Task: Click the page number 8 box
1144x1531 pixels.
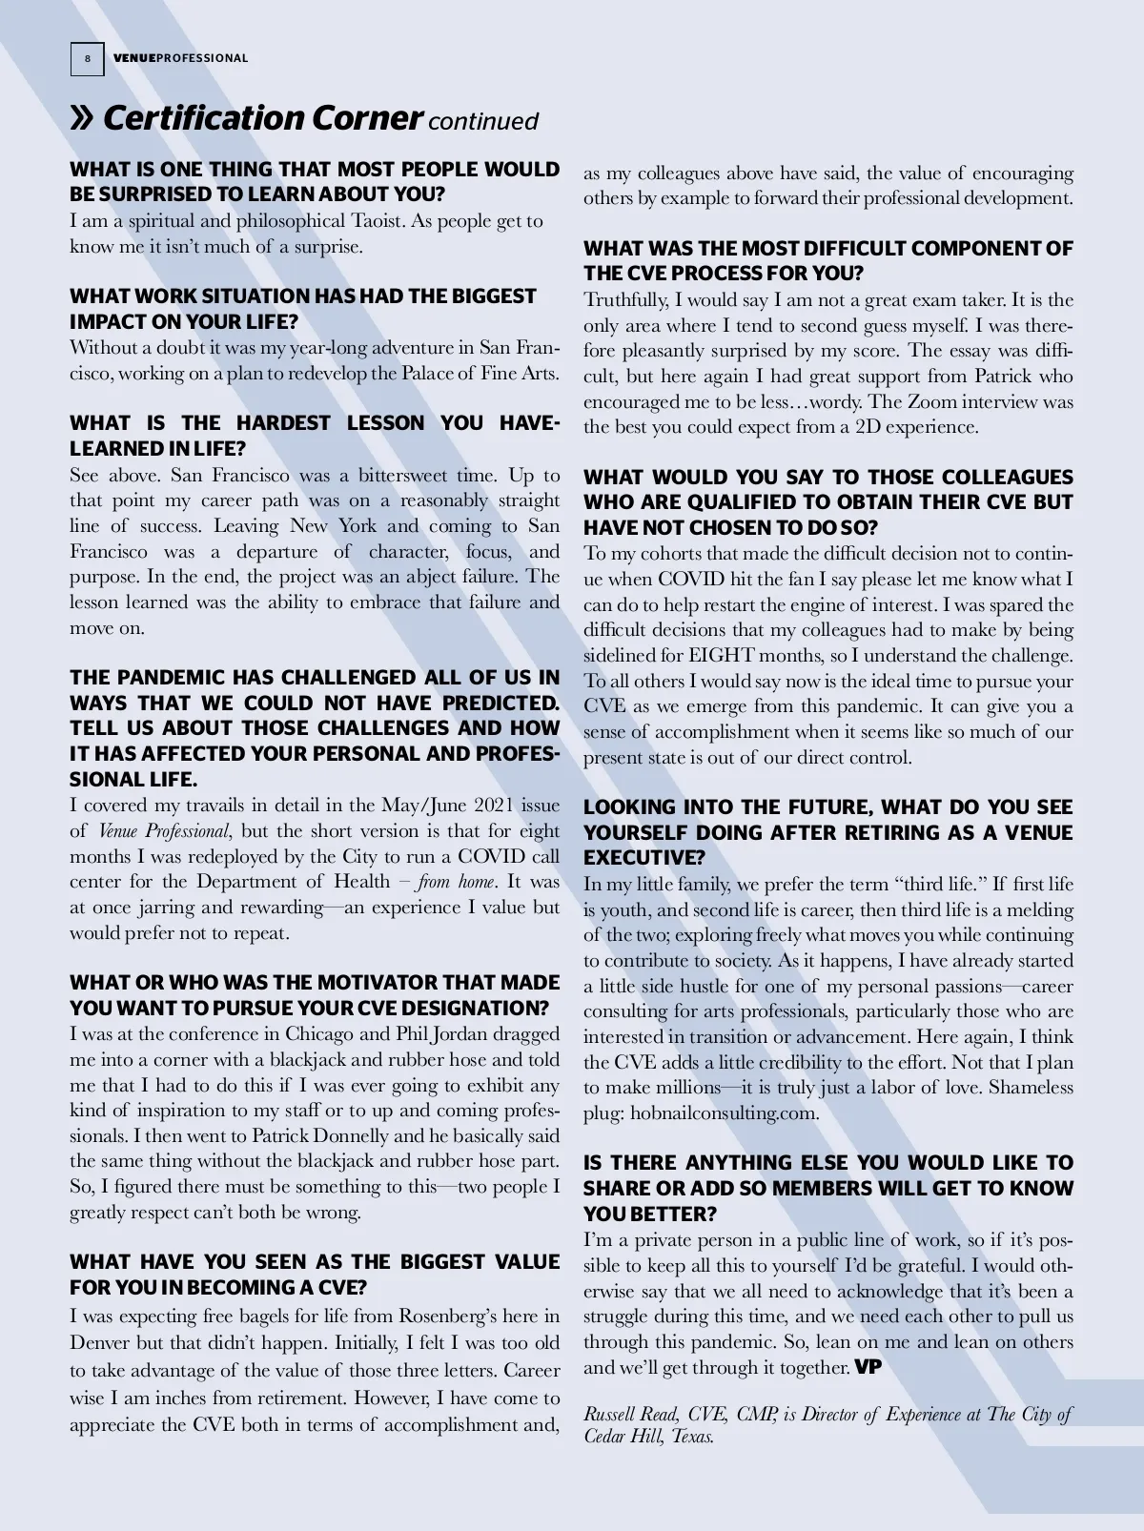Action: [87, 59]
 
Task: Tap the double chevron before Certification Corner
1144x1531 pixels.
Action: [83, 118]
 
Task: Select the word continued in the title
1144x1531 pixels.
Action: [483, 122]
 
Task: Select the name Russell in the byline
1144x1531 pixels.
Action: [611, 1415]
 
